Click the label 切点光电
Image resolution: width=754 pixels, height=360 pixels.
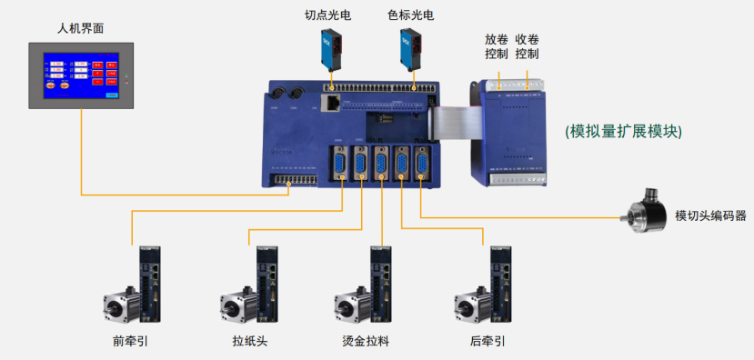[x=329, y=15]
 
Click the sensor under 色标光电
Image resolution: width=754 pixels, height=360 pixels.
[x=411, y=51]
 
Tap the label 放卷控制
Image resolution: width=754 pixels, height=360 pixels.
[x=497, y=46]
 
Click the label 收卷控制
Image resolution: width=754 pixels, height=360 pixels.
[x=527, y=46]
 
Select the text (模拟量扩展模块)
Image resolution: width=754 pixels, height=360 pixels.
[x=623, y=131]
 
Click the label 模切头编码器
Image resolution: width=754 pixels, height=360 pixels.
[x=710, y=215]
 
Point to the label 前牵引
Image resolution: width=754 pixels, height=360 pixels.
[x=130, y=342]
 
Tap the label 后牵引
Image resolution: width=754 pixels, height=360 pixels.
[x=488, y=342]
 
